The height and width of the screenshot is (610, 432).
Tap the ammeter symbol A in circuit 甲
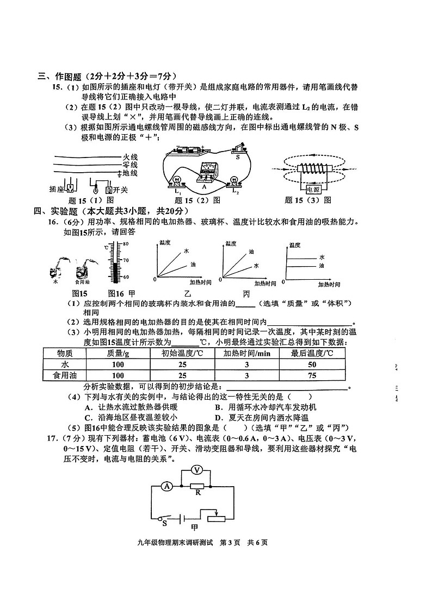[167, 487]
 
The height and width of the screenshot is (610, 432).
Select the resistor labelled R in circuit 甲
[198, 487]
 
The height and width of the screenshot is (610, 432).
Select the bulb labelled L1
[177, 181]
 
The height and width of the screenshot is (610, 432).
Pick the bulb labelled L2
[235, 181]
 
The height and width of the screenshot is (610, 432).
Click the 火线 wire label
[130, 156]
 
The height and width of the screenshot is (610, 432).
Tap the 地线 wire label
[130, 173]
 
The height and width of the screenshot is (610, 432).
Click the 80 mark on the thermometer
[125, 244]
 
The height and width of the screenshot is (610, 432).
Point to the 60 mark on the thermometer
[125, 277]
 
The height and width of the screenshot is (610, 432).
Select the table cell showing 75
[312, 375]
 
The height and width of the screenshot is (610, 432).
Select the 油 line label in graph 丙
[322, 266]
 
